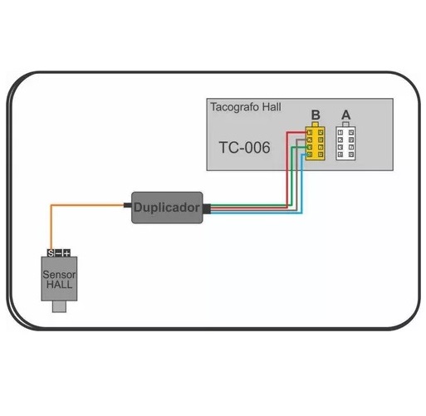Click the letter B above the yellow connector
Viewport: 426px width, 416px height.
coord(316,115)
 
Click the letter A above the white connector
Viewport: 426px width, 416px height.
coord(346,115)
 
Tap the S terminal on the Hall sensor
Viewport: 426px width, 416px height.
coord(51,253)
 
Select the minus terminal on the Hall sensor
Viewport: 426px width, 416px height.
coord(58,253)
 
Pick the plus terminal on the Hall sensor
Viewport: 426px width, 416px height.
coord(66,253)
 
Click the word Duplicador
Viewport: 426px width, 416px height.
coord(167,208)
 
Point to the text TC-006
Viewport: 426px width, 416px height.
coord(244,147)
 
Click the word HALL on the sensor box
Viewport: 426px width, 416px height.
coord(59,284)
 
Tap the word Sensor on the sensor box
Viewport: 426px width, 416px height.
coord(59,275)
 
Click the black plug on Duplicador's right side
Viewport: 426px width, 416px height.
coord(207,208)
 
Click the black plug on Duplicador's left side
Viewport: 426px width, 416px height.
coord(127,205)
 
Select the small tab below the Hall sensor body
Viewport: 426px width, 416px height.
coord(59,306)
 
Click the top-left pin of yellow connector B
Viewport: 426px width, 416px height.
coord(310,133)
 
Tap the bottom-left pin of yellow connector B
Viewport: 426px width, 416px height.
coord(310,154)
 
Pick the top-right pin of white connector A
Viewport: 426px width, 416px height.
coord(351,133)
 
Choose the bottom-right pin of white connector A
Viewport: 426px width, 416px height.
coord(351,154)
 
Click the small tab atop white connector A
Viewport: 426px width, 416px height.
coord(345,125)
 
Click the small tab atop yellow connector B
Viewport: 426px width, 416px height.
coord(316,125)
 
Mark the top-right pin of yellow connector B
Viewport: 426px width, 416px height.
coord(321,133)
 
